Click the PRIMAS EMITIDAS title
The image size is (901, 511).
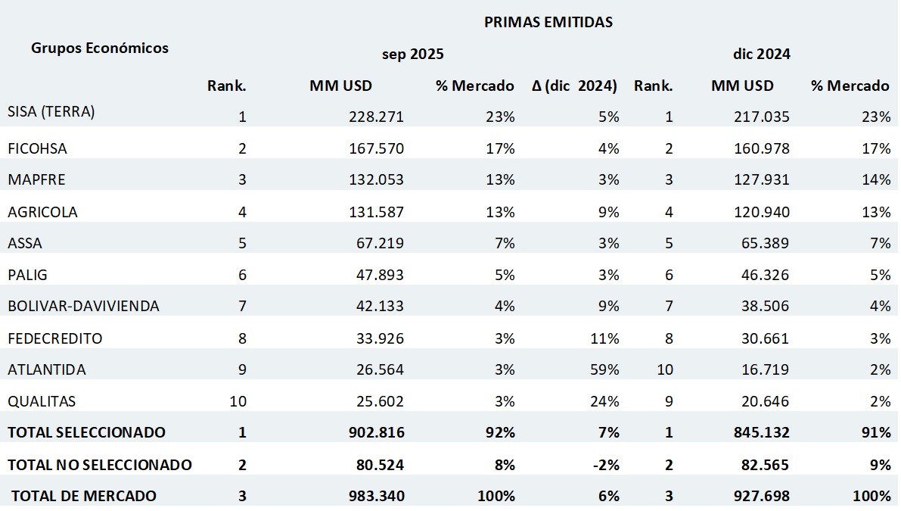click(548, 22)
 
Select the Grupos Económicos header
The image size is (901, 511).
click(100, 48)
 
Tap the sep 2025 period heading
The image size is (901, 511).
click(412, 55)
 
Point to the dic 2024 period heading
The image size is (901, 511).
click(761, 55)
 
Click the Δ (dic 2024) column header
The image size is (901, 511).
click(575, 86)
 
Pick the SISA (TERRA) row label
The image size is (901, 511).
click(51, 112)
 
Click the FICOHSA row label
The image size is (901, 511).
click(37, 148)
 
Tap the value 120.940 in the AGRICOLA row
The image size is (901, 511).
click(762, 212)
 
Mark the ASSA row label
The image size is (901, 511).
click(25, 244)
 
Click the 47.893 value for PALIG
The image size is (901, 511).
click(380, 275)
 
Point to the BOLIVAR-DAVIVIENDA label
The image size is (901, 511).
click(83, 307)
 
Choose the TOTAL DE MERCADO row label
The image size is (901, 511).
click(84, 496)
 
